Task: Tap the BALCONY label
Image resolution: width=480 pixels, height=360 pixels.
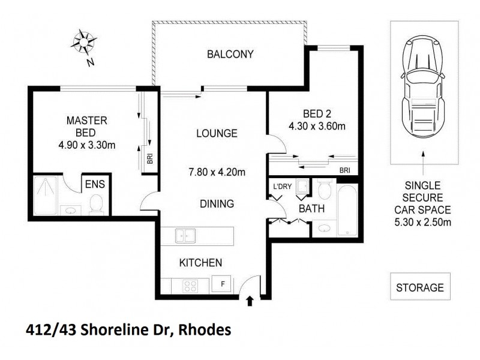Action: [230, 55]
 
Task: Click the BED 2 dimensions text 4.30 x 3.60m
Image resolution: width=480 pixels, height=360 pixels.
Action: [309, 126]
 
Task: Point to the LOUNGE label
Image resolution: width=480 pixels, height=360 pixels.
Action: [217, 133]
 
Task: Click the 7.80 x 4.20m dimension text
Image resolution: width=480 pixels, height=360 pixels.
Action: [217, 173]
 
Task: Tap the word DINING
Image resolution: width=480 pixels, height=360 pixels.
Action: [217, 204]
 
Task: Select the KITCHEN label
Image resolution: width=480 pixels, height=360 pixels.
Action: [202, 262]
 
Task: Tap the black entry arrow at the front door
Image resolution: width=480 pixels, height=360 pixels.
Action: [250, 300]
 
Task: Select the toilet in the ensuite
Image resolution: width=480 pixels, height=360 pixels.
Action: [95, 206]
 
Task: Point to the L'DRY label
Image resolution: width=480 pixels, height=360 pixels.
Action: [282, 187]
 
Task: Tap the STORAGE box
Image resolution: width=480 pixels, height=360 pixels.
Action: [420, 287]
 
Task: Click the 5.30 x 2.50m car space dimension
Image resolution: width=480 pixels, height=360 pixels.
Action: [424, 223]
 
